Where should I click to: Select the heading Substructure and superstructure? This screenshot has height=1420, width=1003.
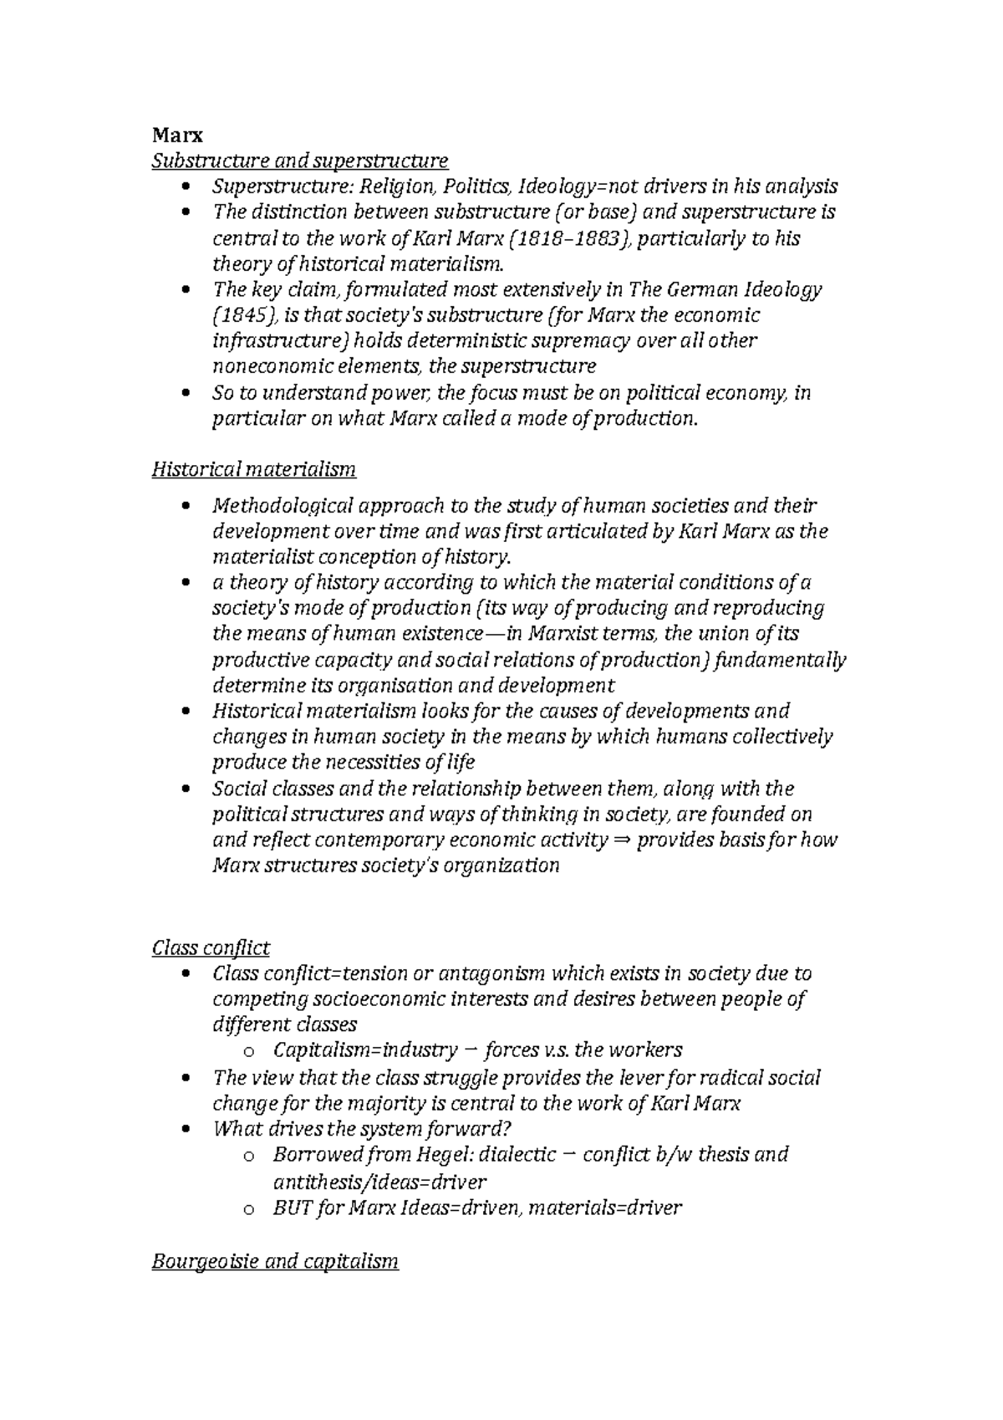(299, 160)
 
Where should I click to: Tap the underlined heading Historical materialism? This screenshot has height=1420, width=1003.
(253, 469)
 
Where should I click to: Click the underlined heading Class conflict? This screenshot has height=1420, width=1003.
(211, 948)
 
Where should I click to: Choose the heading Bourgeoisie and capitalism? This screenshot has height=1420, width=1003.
(275, 1261)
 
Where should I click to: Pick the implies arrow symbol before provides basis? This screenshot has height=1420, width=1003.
(620, 840)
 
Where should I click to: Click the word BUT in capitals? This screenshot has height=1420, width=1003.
(291, 1208)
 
